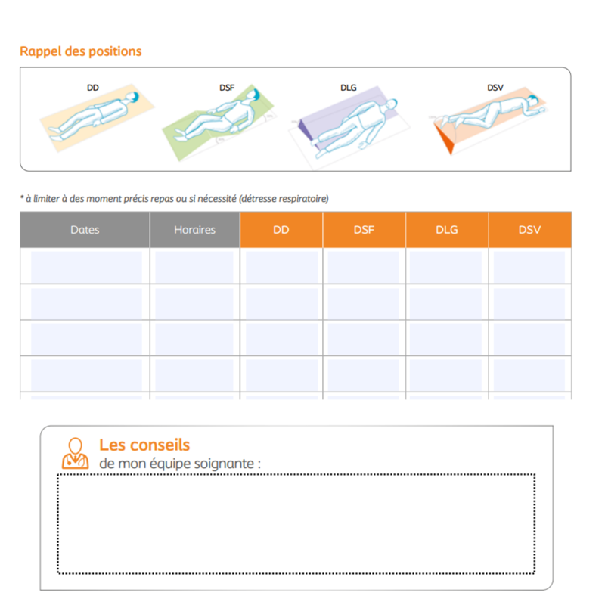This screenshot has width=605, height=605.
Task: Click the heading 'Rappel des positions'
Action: tap(80, 51)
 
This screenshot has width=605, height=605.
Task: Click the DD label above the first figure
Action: tap(92, 88)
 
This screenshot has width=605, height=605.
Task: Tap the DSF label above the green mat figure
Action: tap(227, 88)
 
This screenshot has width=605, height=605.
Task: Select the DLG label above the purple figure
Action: tap(348, 88)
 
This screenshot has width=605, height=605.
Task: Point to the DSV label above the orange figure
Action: tap(495, 88)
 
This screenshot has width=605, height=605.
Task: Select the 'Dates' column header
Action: tap(85, 230)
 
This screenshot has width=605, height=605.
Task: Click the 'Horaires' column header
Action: tap(194, 230)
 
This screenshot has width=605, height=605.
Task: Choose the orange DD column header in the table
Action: tap(281, 230)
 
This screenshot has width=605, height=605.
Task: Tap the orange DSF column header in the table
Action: tap(364, 230)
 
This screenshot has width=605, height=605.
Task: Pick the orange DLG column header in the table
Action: tap(447, 230)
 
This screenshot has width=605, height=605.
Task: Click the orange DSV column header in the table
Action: tap(529, 230)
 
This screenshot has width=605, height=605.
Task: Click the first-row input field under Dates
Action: tap(85, 266)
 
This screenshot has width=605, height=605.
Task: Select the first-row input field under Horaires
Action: tap(194, 266)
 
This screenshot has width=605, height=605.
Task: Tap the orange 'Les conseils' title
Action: tap(144, 445)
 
